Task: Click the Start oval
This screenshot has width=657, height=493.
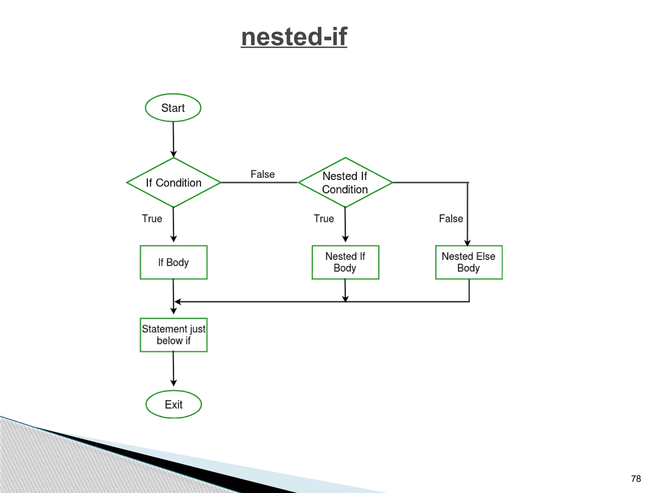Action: click(x=173, y=108)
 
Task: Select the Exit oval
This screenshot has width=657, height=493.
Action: click(x=174, y=404)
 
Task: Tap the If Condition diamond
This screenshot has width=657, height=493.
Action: click(x=174, y=183)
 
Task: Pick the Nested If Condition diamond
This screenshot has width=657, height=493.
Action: click(x=345, y=183)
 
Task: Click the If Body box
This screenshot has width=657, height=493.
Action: click(x=174, y=263)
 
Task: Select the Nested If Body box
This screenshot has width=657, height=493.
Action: click(x=345, y=263)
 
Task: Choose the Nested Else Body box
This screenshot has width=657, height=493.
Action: click(x=469, y=263)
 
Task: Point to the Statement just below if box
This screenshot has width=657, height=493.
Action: click(x=174, y=335)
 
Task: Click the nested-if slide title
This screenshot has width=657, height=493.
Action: click(x=294, y=37)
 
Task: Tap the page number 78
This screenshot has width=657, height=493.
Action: click(x=636, y=479)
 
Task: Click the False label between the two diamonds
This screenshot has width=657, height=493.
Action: click(x=262, y=174)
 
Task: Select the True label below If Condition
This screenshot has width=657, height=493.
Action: click(x=152, y=219)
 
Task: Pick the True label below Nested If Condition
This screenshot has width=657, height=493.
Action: click(x=324, y=219)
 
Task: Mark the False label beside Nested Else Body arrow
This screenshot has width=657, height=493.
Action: click(x=451, y=219)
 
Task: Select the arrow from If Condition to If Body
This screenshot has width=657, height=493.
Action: click(x=173, y=225)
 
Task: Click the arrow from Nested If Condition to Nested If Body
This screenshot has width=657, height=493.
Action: click(x=345, y=225)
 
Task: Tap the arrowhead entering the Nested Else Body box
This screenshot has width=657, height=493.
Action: click(x=467, y=243)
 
